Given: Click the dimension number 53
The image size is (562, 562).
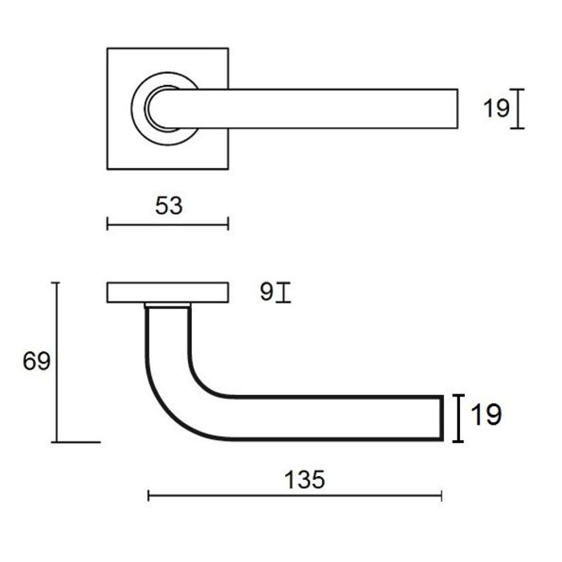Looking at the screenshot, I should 169,206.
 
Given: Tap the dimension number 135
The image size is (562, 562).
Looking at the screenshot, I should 304,480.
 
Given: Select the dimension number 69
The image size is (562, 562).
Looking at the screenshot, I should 36,361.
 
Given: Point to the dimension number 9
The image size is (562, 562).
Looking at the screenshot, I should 266,292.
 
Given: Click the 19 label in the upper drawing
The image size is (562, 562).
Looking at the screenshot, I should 496,108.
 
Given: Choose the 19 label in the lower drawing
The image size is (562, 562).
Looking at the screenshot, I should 486,415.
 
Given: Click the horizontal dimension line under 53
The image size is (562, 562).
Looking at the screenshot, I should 168,224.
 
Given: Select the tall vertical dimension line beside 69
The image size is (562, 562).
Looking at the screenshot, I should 55,361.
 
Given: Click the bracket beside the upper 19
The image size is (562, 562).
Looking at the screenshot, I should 519,108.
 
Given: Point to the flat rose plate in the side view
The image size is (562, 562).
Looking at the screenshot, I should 167,293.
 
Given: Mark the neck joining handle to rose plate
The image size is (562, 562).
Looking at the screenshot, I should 169,307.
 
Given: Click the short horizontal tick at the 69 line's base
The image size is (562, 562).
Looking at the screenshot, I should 78,442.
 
